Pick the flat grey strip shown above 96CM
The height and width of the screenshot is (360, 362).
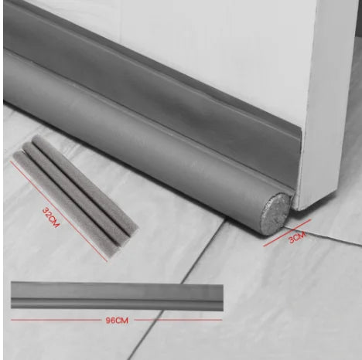116,296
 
